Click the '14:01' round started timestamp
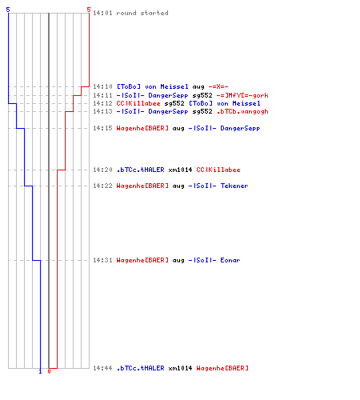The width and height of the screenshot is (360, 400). [102, 13]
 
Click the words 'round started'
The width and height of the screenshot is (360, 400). [142, 13]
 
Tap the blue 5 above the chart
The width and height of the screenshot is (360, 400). [8, 10]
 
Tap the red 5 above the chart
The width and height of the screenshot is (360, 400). [89, 10]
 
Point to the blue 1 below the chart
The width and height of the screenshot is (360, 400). [41, 371]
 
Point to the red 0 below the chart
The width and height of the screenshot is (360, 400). [49, 371]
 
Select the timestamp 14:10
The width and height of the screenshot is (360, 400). [102, 86]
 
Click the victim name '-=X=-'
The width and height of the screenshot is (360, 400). [218, 86]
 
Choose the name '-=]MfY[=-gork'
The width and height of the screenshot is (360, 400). [242, 95]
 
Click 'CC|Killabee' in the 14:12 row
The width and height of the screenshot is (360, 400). [138, 103]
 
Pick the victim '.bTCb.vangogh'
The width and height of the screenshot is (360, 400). [242, 111]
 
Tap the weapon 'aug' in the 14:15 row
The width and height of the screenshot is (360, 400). [178, 129]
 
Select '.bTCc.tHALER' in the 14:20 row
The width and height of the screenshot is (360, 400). [141, 170]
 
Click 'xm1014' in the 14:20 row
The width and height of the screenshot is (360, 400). [180, 170]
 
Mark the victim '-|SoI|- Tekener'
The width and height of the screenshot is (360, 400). [218, 186]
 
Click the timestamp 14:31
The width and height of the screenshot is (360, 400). [102, 260]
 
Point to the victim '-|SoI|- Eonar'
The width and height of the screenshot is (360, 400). [214, 260]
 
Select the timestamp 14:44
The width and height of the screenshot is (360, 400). [102, 368]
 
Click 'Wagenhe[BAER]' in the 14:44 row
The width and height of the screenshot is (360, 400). [222, 368]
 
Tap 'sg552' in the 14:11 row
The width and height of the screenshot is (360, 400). [202, 95]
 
